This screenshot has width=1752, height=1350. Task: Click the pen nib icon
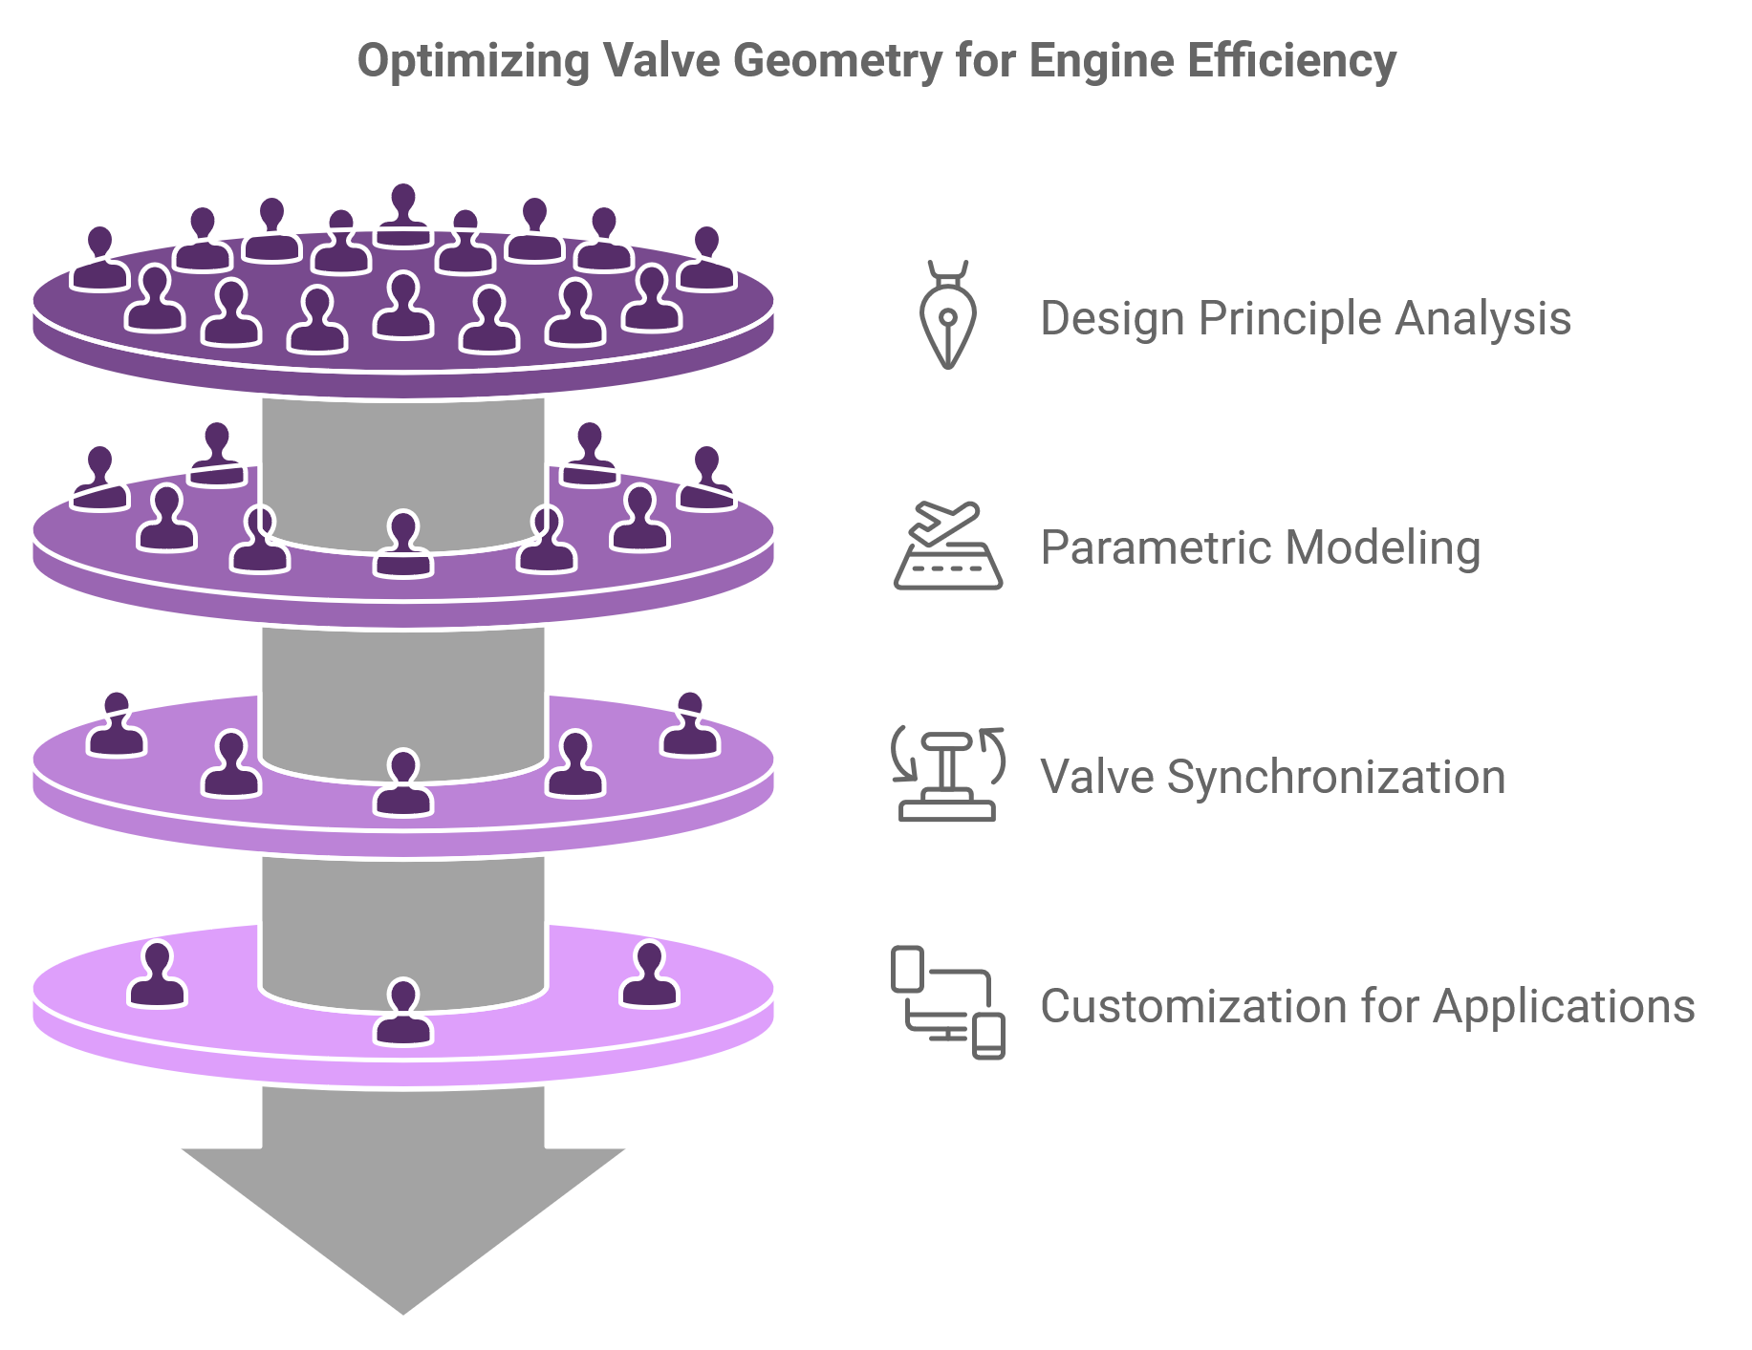(947, 314)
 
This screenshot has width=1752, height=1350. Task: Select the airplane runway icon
(947, 546)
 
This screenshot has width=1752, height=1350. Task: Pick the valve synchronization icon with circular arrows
(947, 774)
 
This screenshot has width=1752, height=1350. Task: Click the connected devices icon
(947, 1002)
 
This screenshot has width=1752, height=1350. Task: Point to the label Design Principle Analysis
(1305, 318)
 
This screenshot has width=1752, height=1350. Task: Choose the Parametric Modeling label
(1260, 547)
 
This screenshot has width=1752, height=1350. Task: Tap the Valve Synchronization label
(1272, 777)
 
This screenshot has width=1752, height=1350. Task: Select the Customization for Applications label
(1367, 1006)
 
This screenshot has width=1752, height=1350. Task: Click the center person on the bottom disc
(403, 1013)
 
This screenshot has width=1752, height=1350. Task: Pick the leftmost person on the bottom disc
(157, 975)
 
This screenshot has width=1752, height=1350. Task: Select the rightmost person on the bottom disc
(650, 975)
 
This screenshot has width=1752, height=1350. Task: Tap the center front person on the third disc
(403, 783)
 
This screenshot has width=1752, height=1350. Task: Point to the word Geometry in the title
(838, 61)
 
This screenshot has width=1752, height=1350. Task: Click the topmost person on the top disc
(403, 215)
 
